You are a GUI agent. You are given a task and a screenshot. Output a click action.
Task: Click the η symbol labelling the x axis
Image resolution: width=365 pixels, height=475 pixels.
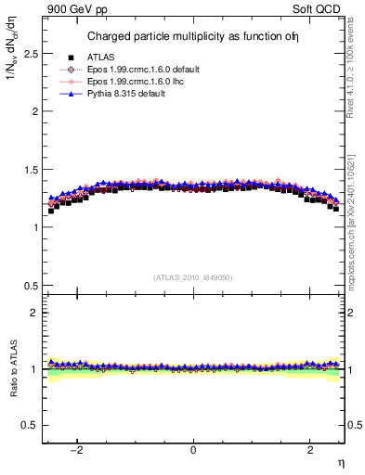tap(340, 463)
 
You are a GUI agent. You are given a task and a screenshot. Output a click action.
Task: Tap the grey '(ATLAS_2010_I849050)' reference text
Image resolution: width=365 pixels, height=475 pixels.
tap(193, 277)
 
